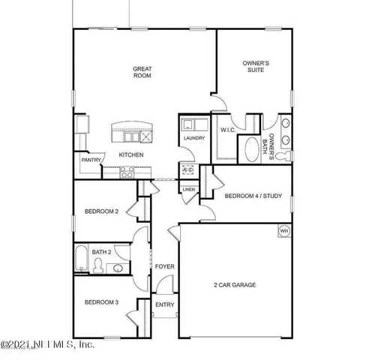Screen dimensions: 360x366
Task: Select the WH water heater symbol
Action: (284, 230)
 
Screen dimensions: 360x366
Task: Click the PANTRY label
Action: (91, 160)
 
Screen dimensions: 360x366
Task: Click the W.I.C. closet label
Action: (228, 130)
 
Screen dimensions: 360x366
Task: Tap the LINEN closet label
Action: (188, 190)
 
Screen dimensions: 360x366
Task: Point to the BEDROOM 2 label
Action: (101, 211)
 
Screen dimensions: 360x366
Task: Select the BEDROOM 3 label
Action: (100, 302)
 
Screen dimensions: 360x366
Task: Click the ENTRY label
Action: (164, 305)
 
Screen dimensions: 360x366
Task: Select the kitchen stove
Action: (127, 171)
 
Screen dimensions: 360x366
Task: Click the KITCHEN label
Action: (131, 154)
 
